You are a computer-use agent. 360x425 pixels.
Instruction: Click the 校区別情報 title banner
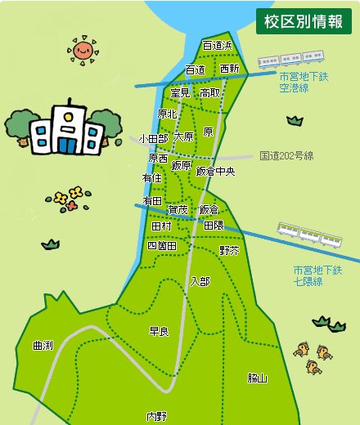(x=304, y=22)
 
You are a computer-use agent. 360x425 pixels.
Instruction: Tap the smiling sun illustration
(x=83, y=51)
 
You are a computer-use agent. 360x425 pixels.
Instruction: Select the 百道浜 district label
(x=218, y=45)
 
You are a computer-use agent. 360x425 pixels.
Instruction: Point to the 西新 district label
(x=230, y=69)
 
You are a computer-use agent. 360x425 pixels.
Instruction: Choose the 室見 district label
(x=180, y=93)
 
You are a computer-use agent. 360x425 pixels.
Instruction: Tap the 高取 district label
(x=210, y=93)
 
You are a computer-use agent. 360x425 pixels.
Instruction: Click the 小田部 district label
(x=153, y=139)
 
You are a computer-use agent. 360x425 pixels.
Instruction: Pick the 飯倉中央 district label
(x=216, y=172)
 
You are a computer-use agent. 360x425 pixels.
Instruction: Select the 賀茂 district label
(x=178, y=210)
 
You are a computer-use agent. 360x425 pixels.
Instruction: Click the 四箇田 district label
(x=161, y=245)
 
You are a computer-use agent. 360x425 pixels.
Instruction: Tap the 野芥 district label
(x=229, y=250)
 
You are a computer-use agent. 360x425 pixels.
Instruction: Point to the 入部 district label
(x=200, y=281)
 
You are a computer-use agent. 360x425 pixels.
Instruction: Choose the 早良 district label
(x=159, y=331)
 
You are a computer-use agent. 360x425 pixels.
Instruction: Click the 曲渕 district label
(x=43, y=346)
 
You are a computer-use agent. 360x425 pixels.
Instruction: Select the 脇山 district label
(x=258, y=378)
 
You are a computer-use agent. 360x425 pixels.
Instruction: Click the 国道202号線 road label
(x=286, y=155)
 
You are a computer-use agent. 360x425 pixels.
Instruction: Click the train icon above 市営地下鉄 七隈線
(x=309, y=237)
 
